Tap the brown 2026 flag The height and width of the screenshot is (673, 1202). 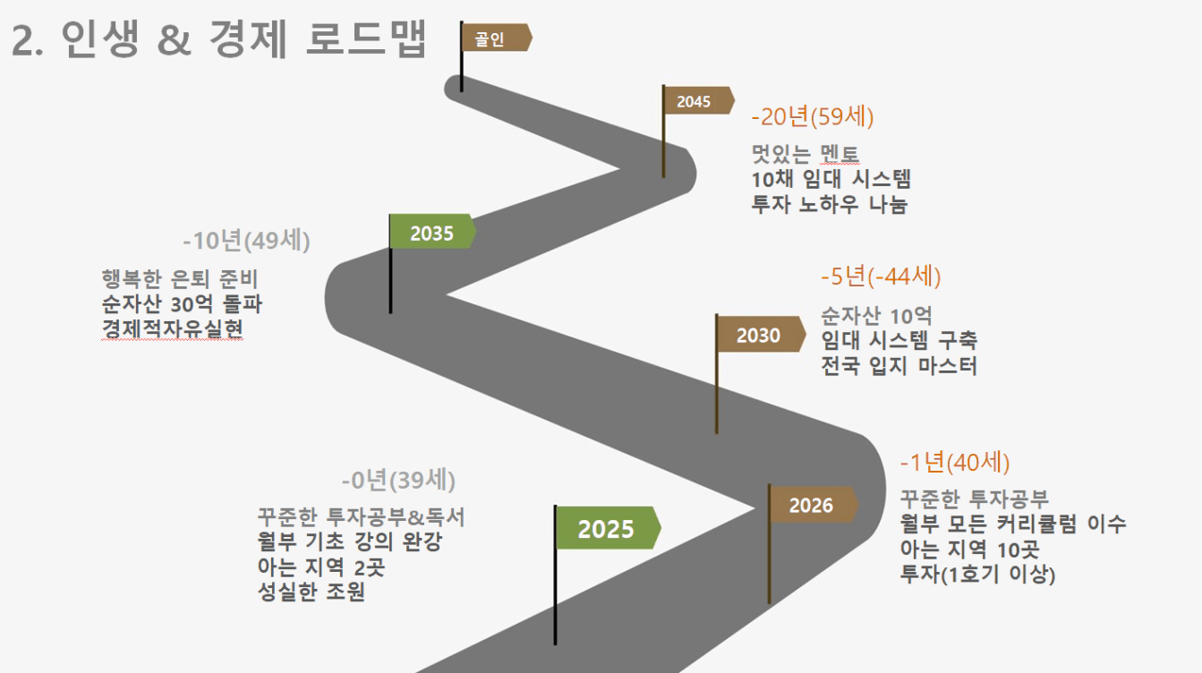(x=813, y=505)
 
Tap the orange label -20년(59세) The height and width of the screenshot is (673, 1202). (x=813, y=116)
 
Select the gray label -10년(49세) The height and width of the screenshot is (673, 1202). (x=246, y=241)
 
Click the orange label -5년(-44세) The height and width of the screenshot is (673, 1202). (x=881, y=277)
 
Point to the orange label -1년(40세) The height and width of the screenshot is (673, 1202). (x=955, y=463)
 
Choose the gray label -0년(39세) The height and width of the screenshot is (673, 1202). (x=398, y=480)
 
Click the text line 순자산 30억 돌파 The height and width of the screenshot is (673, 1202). (x=182, y=304)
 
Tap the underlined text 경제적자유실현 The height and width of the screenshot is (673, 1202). (x=172, y=329)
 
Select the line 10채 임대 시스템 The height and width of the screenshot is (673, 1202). (x=831, y=179)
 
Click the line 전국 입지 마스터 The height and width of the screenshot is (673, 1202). (x=899, y=366)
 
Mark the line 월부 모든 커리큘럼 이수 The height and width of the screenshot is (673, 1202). (x=1012, y=524)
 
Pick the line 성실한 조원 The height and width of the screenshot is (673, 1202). (x=311, y=592)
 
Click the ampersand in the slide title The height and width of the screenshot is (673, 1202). (x=174, y=39)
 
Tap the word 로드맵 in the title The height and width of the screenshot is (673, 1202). (x=366, y=38)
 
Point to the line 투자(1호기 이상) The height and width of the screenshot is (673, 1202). (x=977, y=575)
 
